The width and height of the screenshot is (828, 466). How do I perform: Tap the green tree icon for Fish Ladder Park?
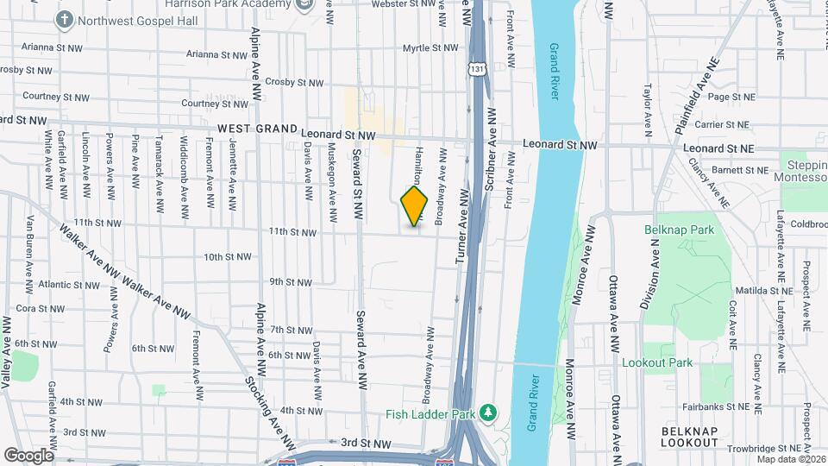pyautogui.click(x=489, y=414)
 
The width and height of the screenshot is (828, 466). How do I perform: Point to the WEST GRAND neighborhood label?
pyautogui.click(x=256, y=129)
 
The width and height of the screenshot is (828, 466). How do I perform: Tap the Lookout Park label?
pyautogui.click(x=656, y=362)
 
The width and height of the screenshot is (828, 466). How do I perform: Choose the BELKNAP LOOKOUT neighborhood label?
pyautogui.click(x=689, y=436)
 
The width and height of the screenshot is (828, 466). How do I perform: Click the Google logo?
pyautogui.click(x=28, y=456)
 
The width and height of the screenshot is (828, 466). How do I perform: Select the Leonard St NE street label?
pyautogui.click(x=718, y=148)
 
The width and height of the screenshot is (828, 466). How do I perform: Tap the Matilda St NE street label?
pyautogui.click(x=746, y=291)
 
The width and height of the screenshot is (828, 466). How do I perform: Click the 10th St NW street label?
pyautogui.click(x=228, y=257)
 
